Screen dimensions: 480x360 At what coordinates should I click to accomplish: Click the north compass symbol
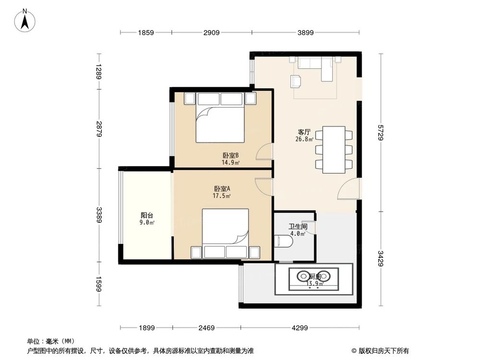[25, 20]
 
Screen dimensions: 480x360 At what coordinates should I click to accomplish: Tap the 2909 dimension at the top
[212, 33]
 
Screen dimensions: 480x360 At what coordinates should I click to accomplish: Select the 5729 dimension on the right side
[381, 132]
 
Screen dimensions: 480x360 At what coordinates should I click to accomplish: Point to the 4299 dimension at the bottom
[300, 328]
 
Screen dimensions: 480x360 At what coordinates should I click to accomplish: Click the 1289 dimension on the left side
[98, 72]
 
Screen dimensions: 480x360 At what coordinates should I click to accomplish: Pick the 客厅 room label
[304, 132]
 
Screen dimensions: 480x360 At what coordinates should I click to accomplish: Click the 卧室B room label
[230, 156]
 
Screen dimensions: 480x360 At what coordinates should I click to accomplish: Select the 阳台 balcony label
[147, 216]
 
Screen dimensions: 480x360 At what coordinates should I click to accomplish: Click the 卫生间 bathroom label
[298, 227]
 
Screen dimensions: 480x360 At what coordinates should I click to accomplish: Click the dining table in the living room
[334, 150]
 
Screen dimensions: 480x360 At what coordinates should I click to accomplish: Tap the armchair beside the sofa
[296, 81]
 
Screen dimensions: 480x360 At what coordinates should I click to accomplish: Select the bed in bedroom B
[220, 117]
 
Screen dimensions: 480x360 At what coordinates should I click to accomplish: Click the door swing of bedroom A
[263, 186]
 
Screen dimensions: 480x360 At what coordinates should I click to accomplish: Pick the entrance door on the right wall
[348, 189]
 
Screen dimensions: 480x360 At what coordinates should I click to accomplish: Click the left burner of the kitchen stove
[303, 276]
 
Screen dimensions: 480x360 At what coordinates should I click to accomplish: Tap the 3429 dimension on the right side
[381, 259]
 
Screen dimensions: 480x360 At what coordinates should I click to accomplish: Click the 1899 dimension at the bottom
[146, 328]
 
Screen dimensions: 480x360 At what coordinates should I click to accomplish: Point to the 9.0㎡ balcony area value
[147, 223]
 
